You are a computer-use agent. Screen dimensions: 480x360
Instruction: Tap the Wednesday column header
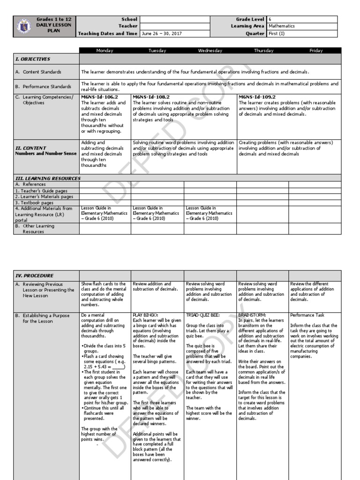pyautogui.click(x=210, y=51)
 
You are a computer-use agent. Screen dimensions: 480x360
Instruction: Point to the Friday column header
pyautogui.click(x=316, y=51)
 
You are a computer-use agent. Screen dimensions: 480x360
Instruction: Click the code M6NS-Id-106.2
pyautogui.click(x=96, y=97)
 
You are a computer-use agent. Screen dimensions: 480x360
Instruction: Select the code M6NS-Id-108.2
pyautogui.click(x=151, y=97)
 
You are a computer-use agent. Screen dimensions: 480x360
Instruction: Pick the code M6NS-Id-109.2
pyautogui.click(x=257, y=97)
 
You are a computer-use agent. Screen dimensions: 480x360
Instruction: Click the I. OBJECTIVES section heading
pyautogui.click(x=33, y=60)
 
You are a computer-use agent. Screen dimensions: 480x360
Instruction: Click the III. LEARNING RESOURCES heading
pyautogui.click(x=48, y=179)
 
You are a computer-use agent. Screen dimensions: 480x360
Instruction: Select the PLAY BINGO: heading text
pyautogui.click(x=146, y=315)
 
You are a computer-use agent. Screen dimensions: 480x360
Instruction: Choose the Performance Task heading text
pyautogui.click(x=307, y=315)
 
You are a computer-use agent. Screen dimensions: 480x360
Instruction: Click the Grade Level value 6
pyautogui.click(x=270, y=19)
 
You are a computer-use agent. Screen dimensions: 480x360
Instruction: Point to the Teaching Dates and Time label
pyautogui.click(x=107, y=34)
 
